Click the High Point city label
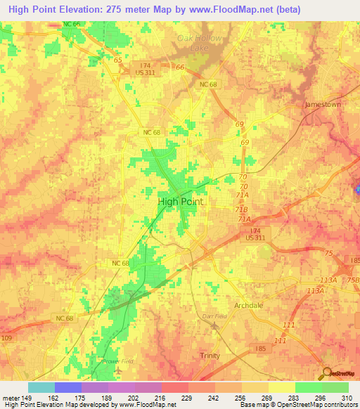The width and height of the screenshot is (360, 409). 181,201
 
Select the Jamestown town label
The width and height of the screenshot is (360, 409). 321,104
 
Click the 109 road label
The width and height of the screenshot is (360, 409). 6,338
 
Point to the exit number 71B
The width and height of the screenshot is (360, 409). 241,209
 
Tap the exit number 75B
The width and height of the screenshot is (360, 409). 352,280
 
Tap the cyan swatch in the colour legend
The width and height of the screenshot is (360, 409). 41,387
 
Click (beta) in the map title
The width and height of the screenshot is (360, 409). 286,10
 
